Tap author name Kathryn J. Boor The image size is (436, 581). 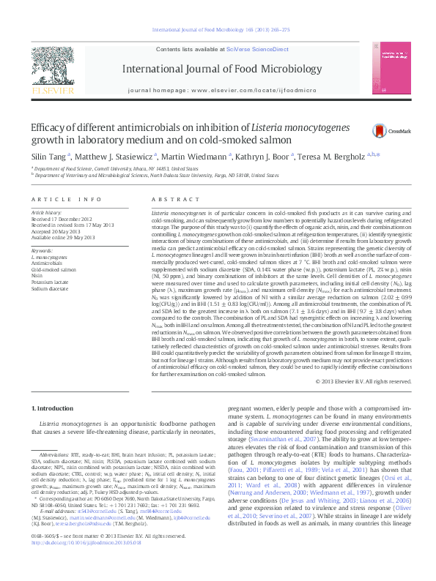click(x=265, y=156)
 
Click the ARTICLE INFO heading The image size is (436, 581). click(x=66, y=199)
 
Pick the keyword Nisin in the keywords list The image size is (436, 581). click(x=37, y=275)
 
